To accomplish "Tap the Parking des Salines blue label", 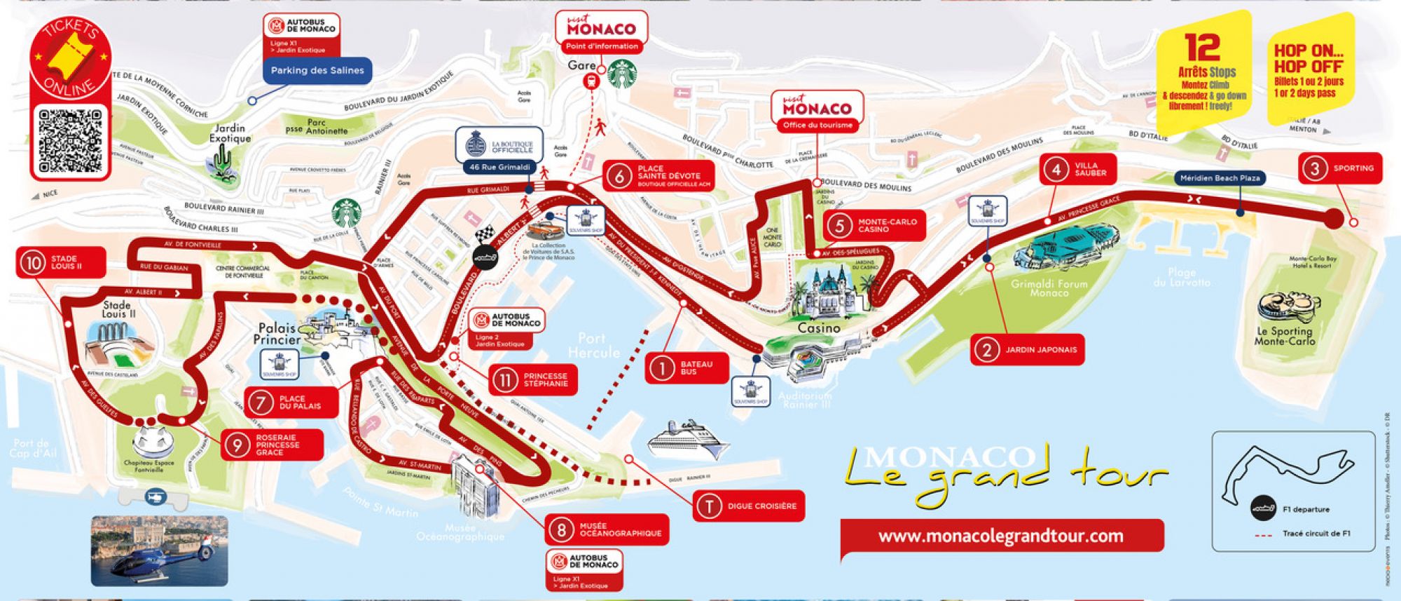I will pyautogui.click(x=317, y=70).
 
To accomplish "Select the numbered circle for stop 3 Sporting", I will pyautogui.click(x=1315, y=168).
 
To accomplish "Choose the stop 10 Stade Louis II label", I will pyautogui.click(x=61, y=263).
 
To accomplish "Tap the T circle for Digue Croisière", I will pyautogui.click(x=709, y=506).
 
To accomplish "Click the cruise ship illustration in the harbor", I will pyautogui.click(x=687, y=440).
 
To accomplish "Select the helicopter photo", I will pyautogui.click(x=159, y=551).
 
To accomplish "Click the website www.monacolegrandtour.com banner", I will pyautogui.click(x=1001, y=536).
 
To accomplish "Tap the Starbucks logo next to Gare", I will pyautogui.click(x=622, y=74).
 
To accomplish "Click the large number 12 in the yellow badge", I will pyautogui.click(x=1203, y=48).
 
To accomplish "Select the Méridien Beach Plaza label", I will pyautogui.click(x=1220, y=178).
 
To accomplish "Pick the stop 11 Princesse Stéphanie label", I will pyautogui.click(x=533, y=379).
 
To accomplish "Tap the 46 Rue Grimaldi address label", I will pyautogui.click(x=499, y=168).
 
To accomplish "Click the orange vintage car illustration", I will pyautogui.click(x=546, y=230).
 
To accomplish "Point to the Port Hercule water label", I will pyautogui.click(x=593, y=346).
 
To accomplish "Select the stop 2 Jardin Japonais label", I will pyautogui.click(x=1027, y=349).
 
